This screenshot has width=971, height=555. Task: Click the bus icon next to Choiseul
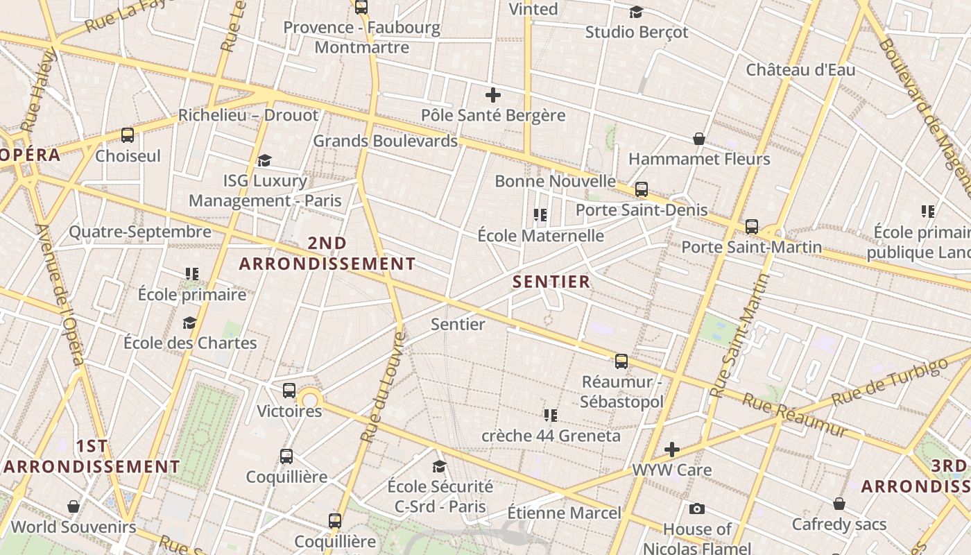click(x=127, y=135)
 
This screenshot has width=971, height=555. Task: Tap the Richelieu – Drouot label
click(x=248, y=115)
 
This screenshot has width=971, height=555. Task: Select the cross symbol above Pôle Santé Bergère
click(x=493, y=95)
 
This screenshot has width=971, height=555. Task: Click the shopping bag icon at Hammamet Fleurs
click(x=699, y=139)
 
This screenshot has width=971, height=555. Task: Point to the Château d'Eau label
click(x=800, y=70)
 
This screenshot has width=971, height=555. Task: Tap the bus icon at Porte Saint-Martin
click(x=752, y=226)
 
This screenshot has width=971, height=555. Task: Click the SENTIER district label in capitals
click(x=551, y=282)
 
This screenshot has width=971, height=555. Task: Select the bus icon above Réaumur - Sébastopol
click(x=621, y=361)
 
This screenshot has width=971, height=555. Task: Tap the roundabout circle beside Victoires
click(x=310, y=399)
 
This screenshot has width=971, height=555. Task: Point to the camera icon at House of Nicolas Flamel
click(x=697, y=509)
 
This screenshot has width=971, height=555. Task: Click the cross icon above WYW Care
click(x=671, y=449)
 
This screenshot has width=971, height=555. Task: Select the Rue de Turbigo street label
click(x=889, y=383)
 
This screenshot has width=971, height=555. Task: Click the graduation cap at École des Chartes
click(x=189, y=323)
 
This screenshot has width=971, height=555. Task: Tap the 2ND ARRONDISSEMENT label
click(x=327, y=253)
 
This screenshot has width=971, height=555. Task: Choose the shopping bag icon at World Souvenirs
click(x=74, y=506)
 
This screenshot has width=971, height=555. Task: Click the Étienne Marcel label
click(x=564, y=513)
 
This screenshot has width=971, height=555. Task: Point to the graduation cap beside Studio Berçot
click(x=636, y=12)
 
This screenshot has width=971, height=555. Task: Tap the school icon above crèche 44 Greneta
click(x=551, y=415)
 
